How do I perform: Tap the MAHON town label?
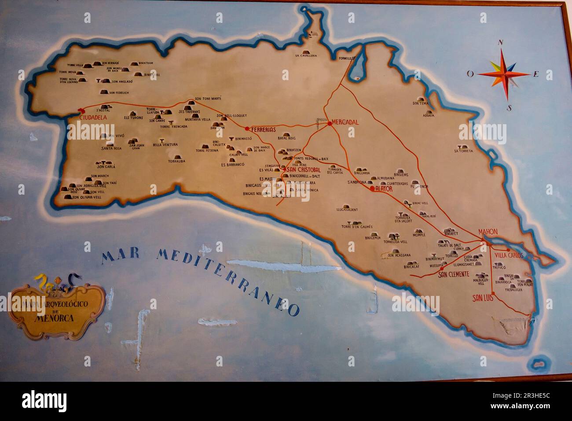[488, 232]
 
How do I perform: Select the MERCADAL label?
[345, 122]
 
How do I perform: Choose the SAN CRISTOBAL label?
[304, 170]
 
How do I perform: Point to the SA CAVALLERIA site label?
[306, 56]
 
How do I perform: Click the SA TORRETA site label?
[464, 151]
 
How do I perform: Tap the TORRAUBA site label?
[176, 161]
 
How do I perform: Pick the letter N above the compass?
[500, 43]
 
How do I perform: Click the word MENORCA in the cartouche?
[56, 318]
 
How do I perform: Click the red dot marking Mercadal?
[329, 123]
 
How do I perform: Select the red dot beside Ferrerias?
[247, 129]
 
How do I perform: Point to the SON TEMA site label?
[421, 103]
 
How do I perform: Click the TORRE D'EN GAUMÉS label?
[357, 227]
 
